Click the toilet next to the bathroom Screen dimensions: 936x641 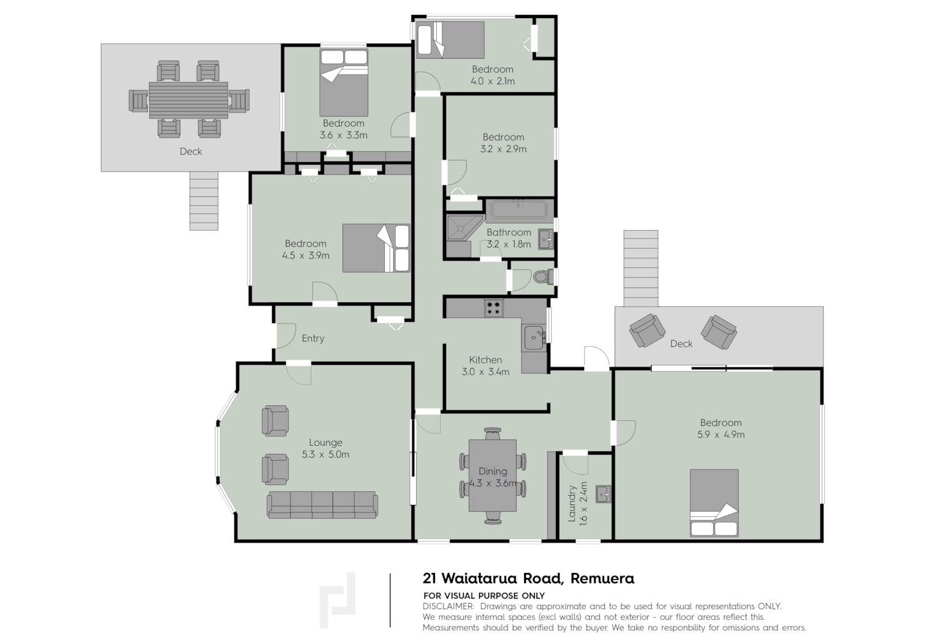[543, 276]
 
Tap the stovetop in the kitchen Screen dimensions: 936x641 [494, 308]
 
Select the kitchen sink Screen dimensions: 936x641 [534, 337]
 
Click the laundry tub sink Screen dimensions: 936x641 [603, 494]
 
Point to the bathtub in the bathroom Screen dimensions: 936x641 [519, 210]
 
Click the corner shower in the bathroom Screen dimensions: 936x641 [465, 228]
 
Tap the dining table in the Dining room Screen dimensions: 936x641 [492, 475]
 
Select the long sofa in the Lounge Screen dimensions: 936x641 [322, 505]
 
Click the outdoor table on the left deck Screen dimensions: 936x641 [188, 100]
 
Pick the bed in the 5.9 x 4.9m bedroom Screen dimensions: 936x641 [714, 503]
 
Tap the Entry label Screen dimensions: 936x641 [313, 338]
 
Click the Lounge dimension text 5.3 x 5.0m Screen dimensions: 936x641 [326, 455]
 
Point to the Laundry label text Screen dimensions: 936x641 [572, 503]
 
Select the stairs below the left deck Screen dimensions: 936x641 [204, 201]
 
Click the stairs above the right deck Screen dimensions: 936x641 [641, 268]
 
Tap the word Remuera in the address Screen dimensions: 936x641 [602, 579]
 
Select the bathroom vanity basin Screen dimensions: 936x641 [546, 239]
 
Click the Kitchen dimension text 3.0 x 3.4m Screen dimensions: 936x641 [485, 372]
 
